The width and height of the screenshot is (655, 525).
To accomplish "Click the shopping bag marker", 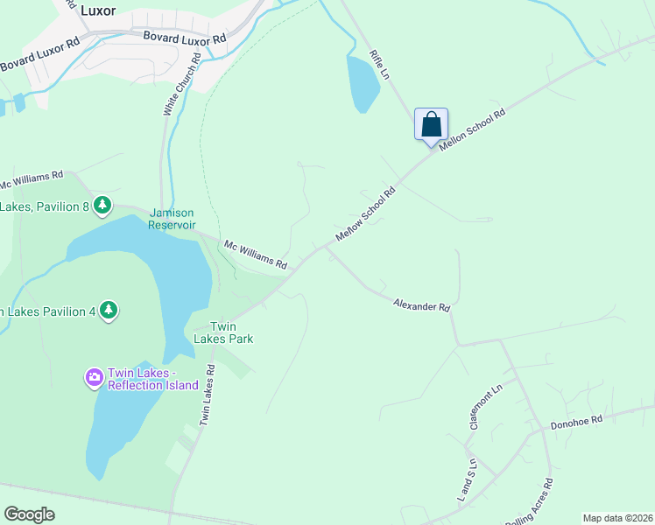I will (x=431, y=123).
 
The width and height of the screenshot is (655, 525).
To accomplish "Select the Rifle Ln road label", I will (x=378, y=65).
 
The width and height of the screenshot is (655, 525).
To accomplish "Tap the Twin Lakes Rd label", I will (x=207, y=396).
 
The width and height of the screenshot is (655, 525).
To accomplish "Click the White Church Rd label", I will (x=181, y=84).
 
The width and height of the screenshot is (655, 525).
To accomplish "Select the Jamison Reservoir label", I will (x=171, y=218).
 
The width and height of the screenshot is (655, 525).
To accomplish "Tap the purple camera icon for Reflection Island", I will (x=94, y=378).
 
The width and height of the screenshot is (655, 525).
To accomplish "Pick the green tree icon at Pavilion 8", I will (x=103, y=206).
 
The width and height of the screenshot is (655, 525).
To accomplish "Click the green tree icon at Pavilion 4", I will (x=109, y=311).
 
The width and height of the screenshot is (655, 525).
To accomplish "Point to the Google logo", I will (x=29, y=514).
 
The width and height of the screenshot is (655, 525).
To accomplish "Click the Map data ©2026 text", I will (x=618, y=518).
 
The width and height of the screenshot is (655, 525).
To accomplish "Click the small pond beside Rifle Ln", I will (x=363, y=84).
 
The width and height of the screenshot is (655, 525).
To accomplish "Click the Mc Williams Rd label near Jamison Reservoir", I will (x=256, y=255).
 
